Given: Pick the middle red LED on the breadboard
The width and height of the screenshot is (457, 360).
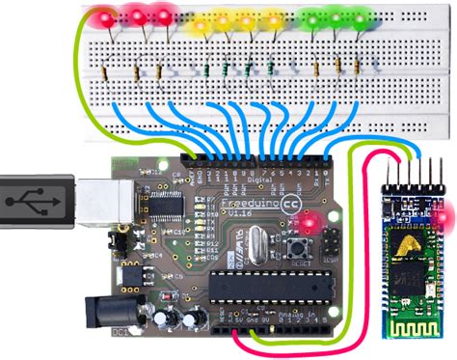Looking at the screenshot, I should click(x=137, y=16).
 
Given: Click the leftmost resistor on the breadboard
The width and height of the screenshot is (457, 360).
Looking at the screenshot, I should click(x=132, y=69).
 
